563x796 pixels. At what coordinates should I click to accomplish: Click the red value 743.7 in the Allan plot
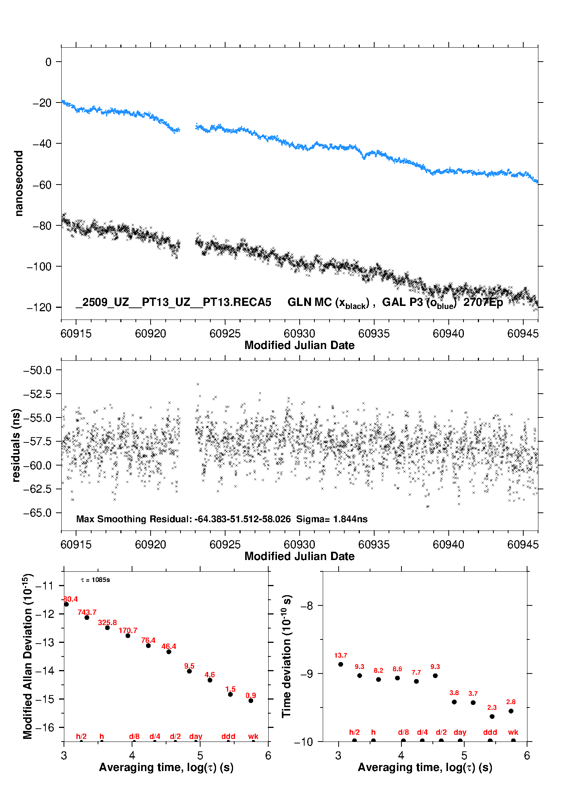click(87, 612)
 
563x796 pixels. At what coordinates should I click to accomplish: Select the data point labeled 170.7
click(128, 636)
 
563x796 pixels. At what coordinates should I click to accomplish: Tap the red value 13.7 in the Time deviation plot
click(341, 655)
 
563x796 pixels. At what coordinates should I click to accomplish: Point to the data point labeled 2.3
click(492, 717)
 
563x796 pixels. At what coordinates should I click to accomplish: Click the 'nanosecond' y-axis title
click(19, 183)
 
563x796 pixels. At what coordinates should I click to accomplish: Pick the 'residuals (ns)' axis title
click(16, 445)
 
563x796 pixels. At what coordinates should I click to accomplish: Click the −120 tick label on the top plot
click(39, 307)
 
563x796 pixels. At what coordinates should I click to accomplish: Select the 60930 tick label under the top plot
click(299, 334)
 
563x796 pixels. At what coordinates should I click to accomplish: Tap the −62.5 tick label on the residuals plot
click(37, 489)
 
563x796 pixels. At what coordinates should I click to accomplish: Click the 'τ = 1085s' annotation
click(95, 580)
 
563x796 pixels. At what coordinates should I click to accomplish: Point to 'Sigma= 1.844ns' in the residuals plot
click(331, 519)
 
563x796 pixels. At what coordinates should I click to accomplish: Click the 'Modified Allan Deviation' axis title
click(27, 656)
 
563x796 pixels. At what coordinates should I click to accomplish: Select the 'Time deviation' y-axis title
click(286, 656)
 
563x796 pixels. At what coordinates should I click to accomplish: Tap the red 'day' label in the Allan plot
click(196, 736)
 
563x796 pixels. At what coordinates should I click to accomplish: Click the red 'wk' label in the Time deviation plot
click(513, 732)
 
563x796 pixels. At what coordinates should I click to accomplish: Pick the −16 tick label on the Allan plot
click(44, 727)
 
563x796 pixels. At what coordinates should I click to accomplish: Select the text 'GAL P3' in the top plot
click(403, 302)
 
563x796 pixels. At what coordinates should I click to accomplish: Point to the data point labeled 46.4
click(169, 652)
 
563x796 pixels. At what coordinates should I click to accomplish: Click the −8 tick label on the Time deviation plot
click(306, 605)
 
